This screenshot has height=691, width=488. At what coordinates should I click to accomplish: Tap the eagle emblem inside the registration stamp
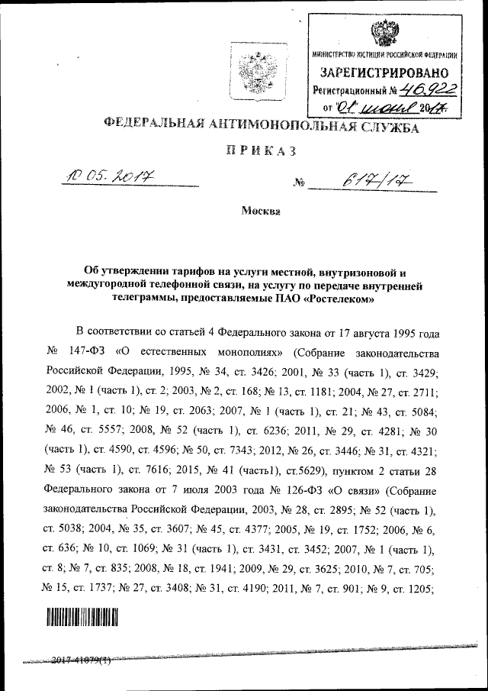click(x=384, y=33)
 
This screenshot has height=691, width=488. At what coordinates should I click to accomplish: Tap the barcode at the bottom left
click(x=79, y=617)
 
